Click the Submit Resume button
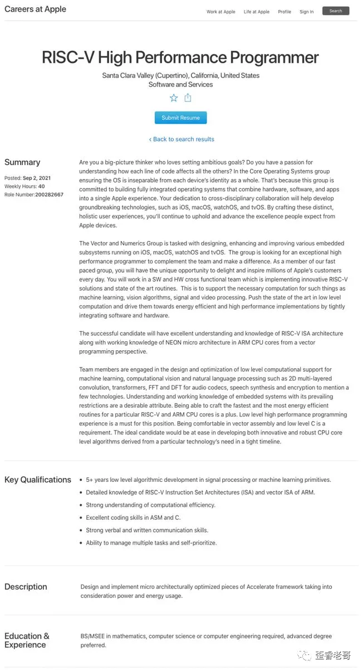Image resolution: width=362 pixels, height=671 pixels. tap(180, 118)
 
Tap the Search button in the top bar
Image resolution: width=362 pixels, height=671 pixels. tap(336, 11)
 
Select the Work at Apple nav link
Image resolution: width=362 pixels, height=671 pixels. tap(221, 12)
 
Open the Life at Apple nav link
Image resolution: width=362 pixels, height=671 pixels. tap(256, 12)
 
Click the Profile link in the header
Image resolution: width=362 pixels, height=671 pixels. tap(285, 12)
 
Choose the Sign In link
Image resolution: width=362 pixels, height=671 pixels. tap(306, 12)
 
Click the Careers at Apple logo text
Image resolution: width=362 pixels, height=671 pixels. tap(35, 9)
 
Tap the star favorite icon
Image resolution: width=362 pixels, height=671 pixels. tap(174, 98)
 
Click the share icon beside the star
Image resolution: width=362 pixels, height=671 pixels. tap(188, 98)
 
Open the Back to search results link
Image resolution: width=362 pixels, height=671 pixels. tap(182, 139)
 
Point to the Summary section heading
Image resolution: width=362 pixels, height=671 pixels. tap(22, 162)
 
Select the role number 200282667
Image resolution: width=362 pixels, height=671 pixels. tap(49, 195)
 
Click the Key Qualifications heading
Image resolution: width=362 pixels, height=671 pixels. tap(38, 480)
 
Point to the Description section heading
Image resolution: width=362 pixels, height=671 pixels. tap(26, 587)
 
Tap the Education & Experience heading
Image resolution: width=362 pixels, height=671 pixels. tap(27, 640)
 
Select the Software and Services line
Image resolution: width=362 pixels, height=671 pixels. tap(180, 85)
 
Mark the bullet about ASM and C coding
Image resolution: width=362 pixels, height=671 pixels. tap(133, 518)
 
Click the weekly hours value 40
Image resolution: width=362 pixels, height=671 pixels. tap(42, 186)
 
